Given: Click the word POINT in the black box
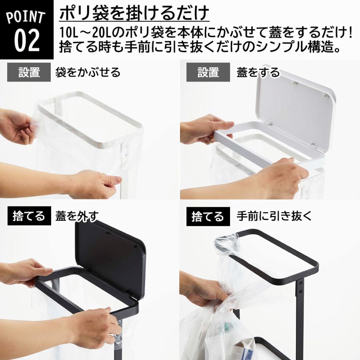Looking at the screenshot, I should tap(26, 18).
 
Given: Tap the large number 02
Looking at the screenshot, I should tap(27, 40).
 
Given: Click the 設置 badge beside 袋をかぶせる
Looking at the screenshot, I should tap(29, 72).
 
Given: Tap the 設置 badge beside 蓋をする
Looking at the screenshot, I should tap(208, 72).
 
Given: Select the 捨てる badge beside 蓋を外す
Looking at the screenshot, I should tap(29, 216).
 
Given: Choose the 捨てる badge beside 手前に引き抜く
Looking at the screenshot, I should tap(208, 216).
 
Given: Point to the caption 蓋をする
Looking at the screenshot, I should tap(258, 72).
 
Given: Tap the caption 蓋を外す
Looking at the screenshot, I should tap(77, 216).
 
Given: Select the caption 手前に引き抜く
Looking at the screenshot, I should tap(274, 216).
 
